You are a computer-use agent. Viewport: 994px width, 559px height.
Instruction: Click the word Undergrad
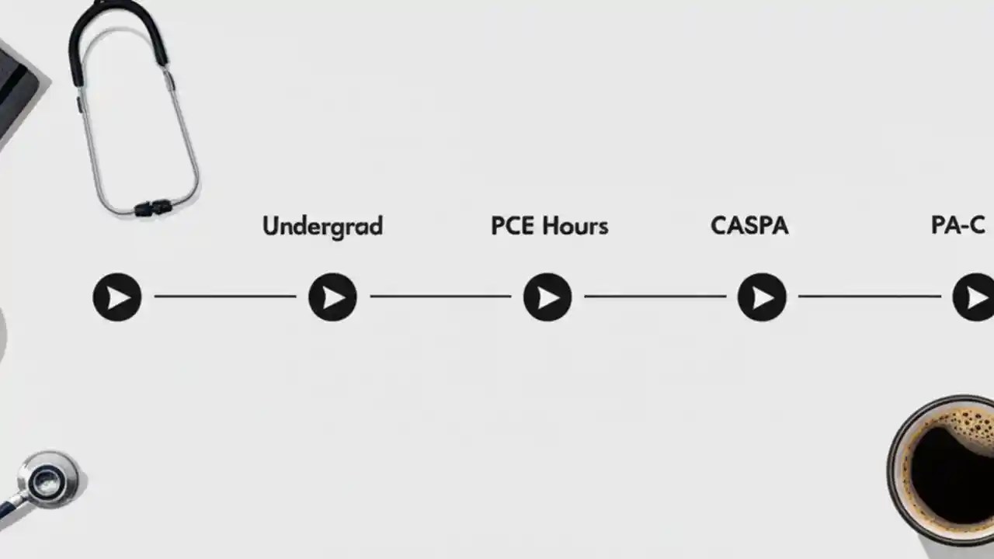click(x=322, y=226)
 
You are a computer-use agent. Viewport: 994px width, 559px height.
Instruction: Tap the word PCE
click(x=514, y=226)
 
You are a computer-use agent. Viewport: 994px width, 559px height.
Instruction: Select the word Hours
click(x=575, y=226)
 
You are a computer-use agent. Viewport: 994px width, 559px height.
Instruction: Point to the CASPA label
click(x=749, y=226)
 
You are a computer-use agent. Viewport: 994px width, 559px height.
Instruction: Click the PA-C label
click(x=958, y=226)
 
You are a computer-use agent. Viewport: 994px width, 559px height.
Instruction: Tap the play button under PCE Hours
click(x=547, y=297)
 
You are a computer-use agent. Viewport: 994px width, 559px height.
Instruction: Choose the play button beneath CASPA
click(x=762, y=297)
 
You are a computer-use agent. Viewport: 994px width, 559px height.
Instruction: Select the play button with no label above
click(x=117, y=297)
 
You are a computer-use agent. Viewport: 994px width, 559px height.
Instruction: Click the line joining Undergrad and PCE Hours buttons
click(x=440, y=296)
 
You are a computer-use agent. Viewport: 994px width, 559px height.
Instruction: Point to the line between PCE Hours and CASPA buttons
click(x=655, y=296)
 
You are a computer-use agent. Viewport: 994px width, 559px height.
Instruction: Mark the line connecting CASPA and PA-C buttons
click(x=869, y=296)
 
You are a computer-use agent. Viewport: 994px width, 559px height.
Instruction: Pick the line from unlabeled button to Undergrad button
click(x=225, y=296)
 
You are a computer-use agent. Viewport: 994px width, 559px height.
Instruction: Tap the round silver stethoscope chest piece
click(x=48, y=480)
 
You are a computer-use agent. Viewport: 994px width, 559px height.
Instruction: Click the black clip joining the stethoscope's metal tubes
click(x=152, y=207)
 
